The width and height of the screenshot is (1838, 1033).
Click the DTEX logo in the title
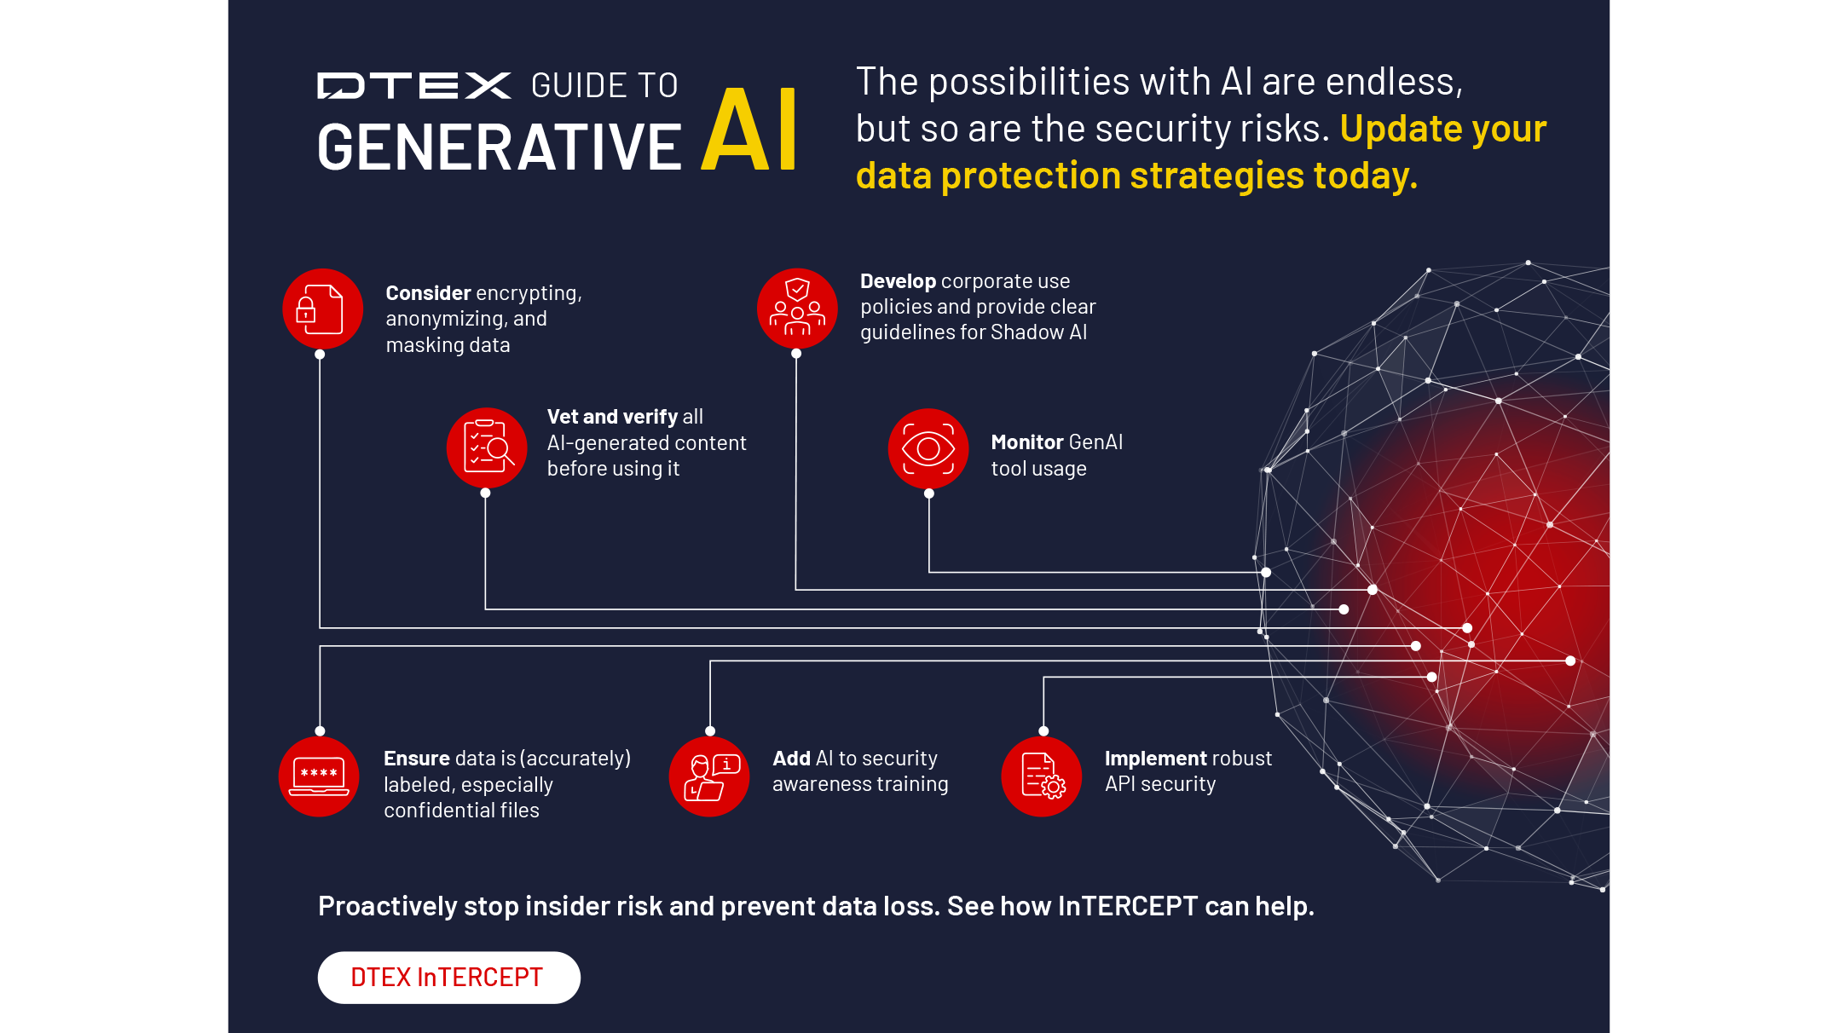click(414, 85)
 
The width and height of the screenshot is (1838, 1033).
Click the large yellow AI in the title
click(749, 130)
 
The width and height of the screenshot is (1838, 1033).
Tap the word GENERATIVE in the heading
click(499, 147)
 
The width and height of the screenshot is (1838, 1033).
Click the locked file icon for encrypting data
click(323, 309)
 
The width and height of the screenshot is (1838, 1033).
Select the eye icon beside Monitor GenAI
click(928, 448)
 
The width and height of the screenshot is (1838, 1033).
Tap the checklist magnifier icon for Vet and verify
click(487, 447)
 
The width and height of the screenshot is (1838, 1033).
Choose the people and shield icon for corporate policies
click(797, 309)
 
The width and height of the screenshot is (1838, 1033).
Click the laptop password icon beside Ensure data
click(319, 776)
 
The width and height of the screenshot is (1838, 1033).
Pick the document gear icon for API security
click(1042, 776)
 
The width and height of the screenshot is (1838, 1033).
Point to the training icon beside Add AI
click(709, 776)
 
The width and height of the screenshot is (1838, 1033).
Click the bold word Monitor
click(1027, 442)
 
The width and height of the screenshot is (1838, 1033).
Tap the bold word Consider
click(428, 293)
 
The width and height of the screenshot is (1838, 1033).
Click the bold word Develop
click(898, 282)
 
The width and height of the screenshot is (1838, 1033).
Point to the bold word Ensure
click(417, 759)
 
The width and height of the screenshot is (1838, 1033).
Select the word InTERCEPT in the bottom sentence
click(1128, 906)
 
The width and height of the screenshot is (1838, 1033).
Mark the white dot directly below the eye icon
click(929, 493)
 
